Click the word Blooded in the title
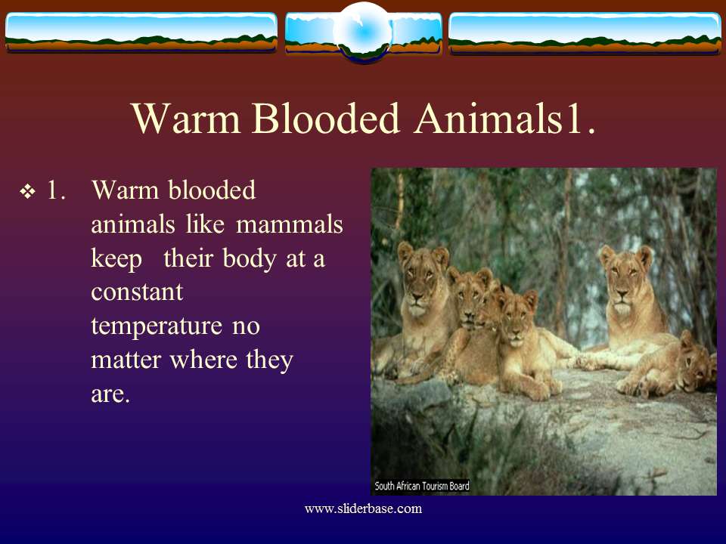[x=325, y=119]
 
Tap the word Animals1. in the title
[x=504, y=119]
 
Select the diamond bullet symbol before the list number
[x=27, y=191]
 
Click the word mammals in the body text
[x=290, y=224]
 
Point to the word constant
[x=137, y=292]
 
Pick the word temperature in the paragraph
[x=157, y=326]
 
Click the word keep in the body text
[x=116, y=258]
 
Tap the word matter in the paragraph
[x=126, y=360]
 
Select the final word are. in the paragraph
[x=110, y=394]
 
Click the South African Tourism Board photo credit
[x=422, y=486]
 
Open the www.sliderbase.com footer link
[x=363, y=508]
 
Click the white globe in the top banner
[x=364, y=32]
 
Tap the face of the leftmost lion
[x=419, y=282]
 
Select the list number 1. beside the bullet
[x=56, y=190]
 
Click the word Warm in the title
[x=186, y=119]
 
